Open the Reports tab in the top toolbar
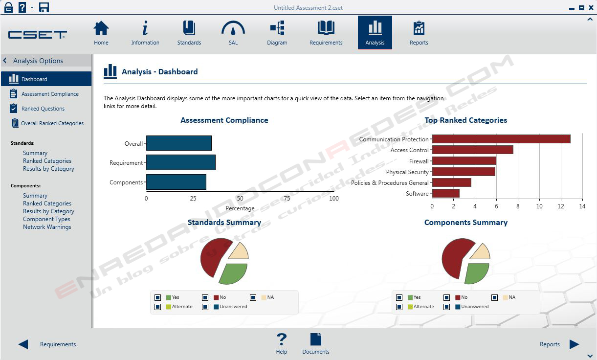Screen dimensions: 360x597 [x=419, y=33]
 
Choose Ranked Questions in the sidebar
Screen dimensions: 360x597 [x=43, y=109]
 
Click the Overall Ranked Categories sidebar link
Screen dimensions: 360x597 [x=52, y=123]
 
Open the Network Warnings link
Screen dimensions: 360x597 [x=47, y=227]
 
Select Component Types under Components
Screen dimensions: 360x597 [x=46, y=219]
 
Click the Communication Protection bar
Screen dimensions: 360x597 [x=501, y=139]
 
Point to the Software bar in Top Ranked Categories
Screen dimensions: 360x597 [x=445, y=193]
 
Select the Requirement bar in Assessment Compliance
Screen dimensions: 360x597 [x=180, y=162]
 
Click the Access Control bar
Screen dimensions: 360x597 [x=472, y=150]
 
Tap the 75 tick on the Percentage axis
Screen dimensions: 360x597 [x=287, y=199]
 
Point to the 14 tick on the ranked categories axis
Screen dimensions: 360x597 [x=582, y=206]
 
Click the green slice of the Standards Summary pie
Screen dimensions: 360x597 [x=234, y=273]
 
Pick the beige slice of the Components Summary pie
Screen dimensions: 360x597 [x=481, y=252]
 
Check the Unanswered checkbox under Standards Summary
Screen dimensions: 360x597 [x=205, y=307]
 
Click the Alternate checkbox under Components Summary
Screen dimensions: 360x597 [x=399, y=307]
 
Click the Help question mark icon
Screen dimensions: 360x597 [x=281, y=340]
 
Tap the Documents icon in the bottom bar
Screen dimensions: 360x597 [x=316, y=340]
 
